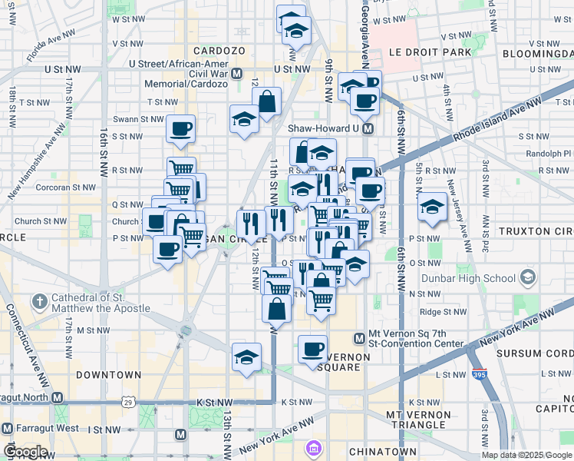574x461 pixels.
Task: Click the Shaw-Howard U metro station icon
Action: click(368, 128)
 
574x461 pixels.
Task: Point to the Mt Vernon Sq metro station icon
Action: click(358, 338)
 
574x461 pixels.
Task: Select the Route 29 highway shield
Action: click(128, 402)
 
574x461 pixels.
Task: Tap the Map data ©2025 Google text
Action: click(526, 455)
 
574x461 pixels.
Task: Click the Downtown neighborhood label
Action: click(108, 375)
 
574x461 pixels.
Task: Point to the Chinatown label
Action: click(382, 452)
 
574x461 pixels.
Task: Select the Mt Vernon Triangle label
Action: click(418, 420)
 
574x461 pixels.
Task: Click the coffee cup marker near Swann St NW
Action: click(180, 128)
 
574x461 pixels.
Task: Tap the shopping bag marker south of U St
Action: click(266, 101)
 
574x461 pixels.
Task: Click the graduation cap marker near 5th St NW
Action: click(433, 206)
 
